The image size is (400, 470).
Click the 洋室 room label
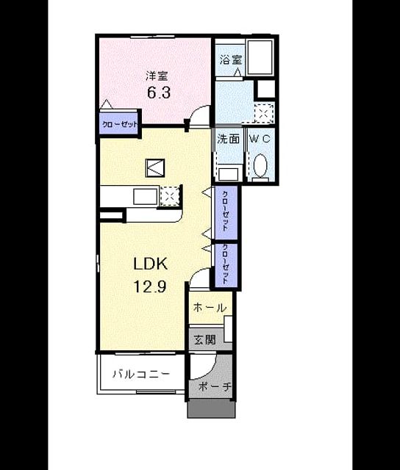point(157,76)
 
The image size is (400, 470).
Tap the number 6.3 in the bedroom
point(159,93)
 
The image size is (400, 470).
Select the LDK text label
point(150,264)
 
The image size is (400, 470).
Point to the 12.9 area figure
point(150,287)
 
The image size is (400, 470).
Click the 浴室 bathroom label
point(230,59)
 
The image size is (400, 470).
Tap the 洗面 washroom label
point(229,139)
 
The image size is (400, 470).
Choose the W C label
point(260,139)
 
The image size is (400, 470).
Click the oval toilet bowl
point(260,165)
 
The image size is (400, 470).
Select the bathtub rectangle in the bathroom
point(260,57)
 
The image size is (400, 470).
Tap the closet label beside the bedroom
point(119,124)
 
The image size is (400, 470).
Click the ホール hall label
point(210,308)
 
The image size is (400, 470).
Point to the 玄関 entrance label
point(204,340)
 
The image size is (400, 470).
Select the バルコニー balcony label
point(141,374)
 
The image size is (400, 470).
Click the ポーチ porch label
point(215,387)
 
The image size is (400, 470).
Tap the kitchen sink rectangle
point(146,197)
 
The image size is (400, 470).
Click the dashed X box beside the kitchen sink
point(170,196)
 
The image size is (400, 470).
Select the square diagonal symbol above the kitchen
point(155,168)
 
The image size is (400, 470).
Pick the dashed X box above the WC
point(264,113)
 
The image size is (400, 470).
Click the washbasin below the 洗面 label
point(228,174)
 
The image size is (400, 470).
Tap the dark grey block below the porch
point(211,408)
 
